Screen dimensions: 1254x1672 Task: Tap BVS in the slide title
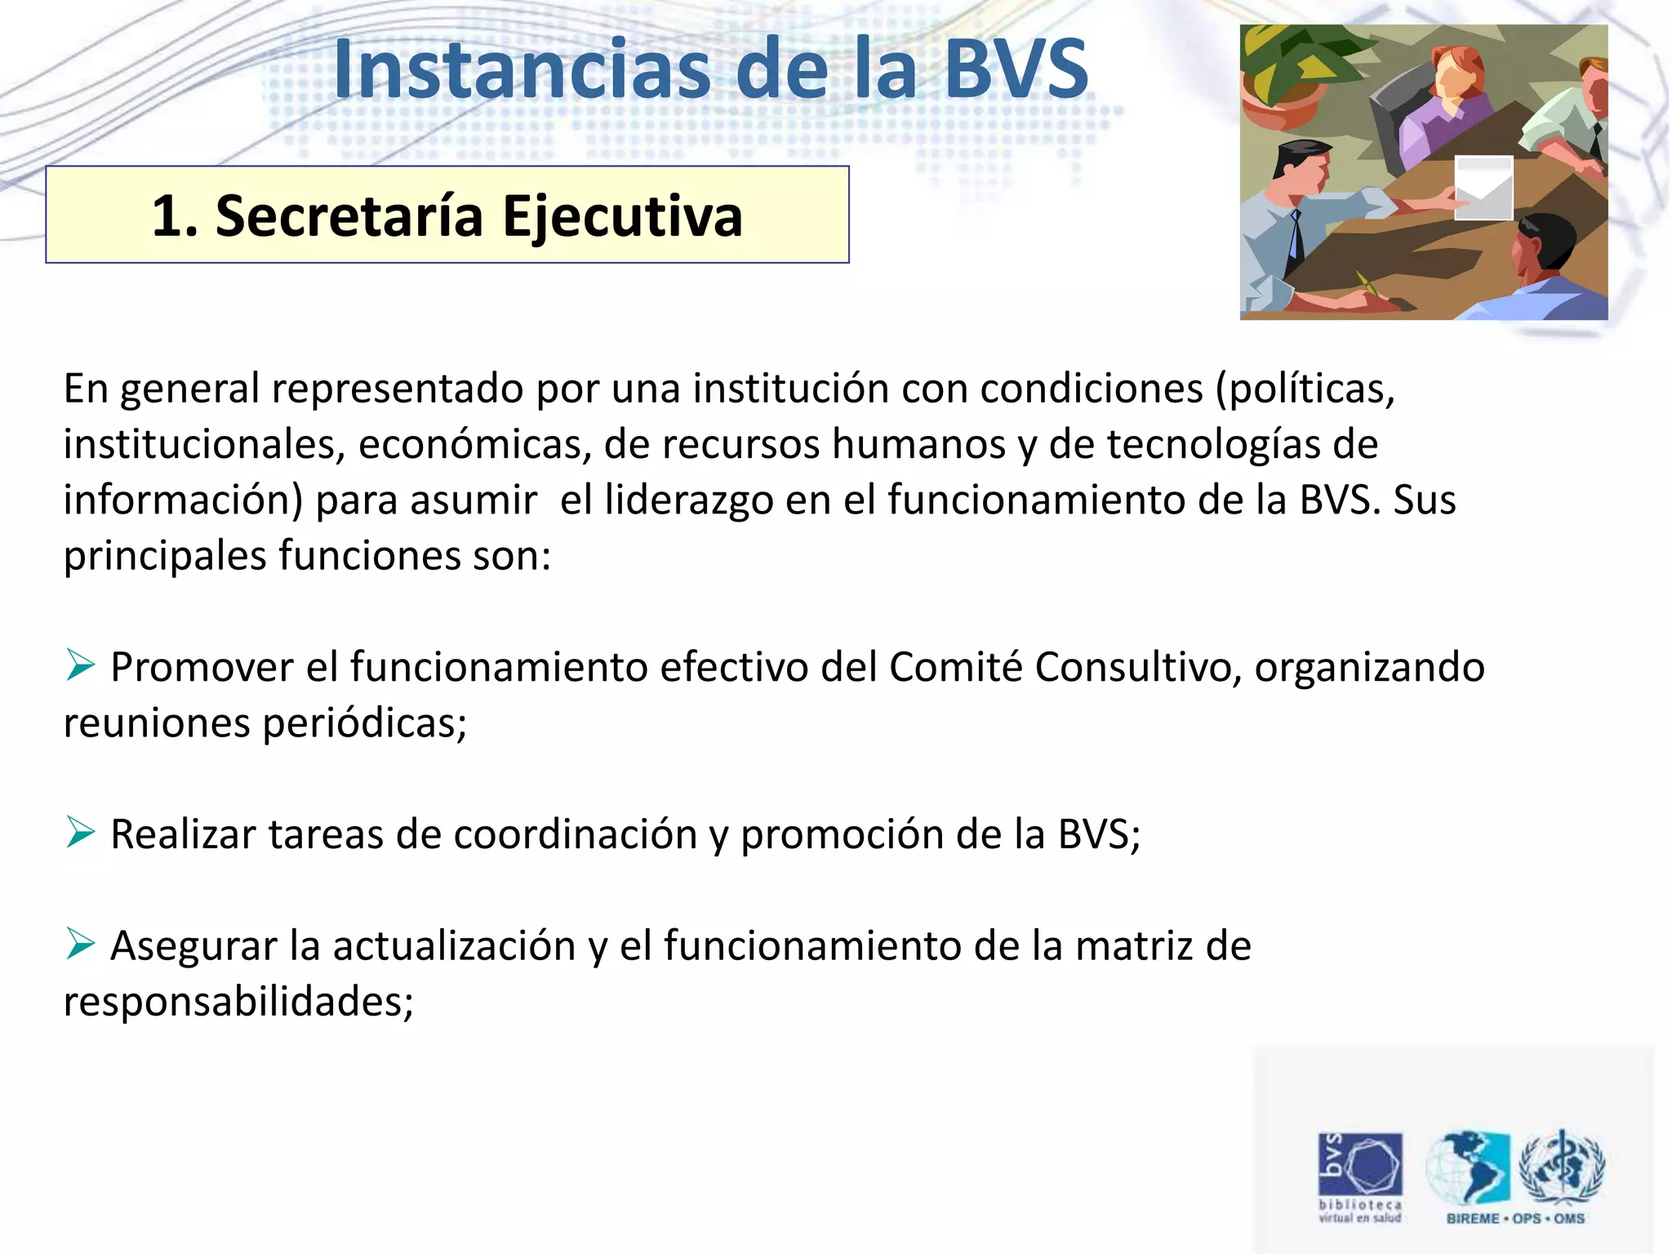(1016, 70)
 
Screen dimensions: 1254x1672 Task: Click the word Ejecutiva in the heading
(622, 217)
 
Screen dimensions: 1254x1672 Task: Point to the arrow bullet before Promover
(81, 665)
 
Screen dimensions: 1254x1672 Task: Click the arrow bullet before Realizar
(81, 832)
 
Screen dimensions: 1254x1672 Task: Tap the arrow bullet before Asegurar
(81, 944)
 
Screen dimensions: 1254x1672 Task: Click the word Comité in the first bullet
(955, 666)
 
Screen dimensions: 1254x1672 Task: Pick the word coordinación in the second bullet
(576, 834)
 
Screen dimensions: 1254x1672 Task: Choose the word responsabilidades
(238, 1002)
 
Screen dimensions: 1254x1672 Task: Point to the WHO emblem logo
(1561, 1167)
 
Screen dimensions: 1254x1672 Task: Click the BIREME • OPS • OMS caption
(1515, 1219)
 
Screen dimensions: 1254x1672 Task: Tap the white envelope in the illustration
(1483, 189)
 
